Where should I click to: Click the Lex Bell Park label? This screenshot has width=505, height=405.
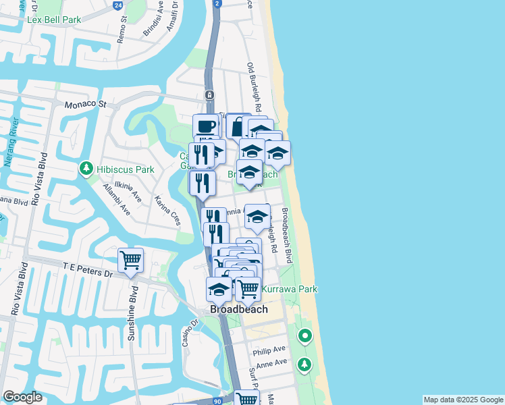coord(54,20)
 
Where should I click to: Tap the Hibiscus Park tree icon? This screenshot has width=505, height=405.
coord(86,167)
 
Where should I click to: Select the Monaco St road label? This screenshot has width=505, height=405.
coord(86,105)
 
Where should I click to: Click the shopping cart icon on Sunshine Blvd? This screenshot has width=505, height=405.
coord(130,260)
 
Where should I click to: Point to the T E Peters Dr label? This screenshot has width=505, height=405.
coord(88,269)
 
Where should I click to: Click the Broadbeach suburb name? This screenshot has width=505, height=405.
coord(238,309)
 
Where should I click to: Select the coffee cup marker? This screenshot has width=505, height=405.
coord(206,126)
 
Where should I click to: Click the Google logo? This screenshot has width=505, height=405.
coord(22,397)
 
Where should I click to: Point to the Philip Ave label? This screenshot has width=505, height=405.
coord(270,351)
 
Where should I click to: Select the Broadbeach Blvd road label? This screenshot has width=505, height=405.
coord(286,235)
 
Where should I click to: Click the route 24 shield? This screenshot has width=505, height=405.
coord(118,5)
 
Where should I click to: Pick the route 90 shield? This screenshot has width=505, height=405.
coord(217,401)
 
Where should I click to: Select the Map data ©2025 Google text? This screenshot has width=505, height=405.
coord(462,400)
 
